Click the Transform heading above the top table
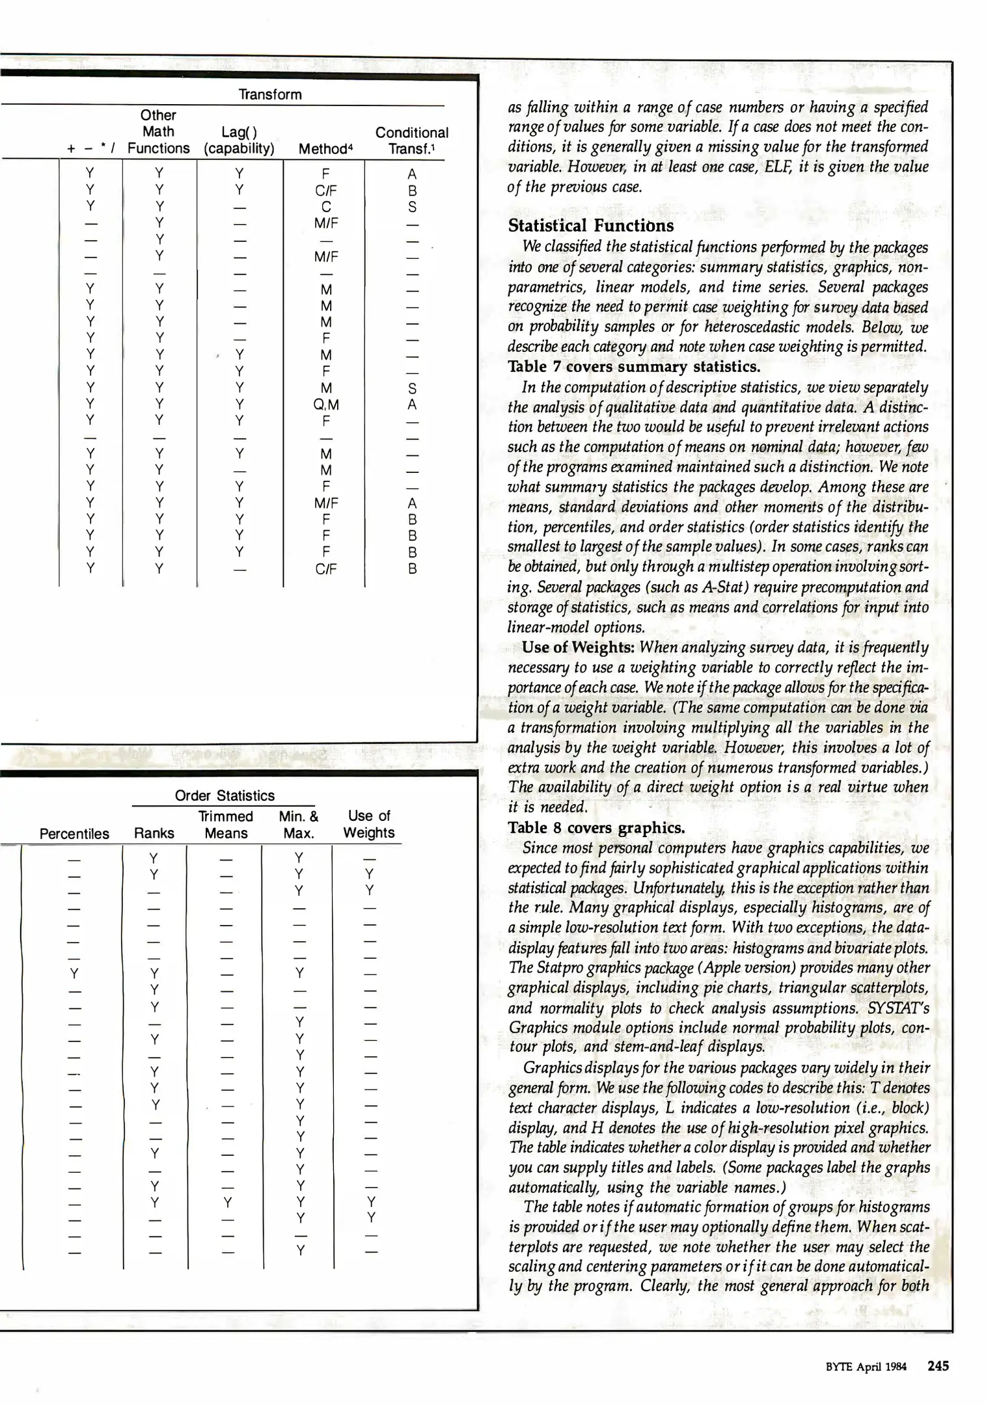270,94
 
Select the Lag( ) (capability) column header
239,140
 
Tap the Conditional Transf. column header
411,140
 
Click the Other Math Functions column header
158,131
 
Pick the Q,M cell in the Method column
326,405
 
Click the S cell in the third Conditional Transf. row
412,207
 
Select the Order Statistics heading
225,796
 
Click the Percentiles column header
74,834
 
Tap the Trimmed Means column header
226,825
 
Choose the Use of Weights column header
369,824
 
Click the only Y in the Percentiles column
74,974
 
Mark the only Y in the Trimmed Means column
226,1201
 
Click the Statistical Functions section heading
590,226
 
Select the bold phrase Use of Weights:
579,647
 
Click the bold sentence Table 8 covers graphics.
596,827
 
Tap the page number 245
938,1366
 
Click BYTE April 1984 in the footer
866,1367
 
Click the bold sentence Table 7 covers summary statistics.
633,367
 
